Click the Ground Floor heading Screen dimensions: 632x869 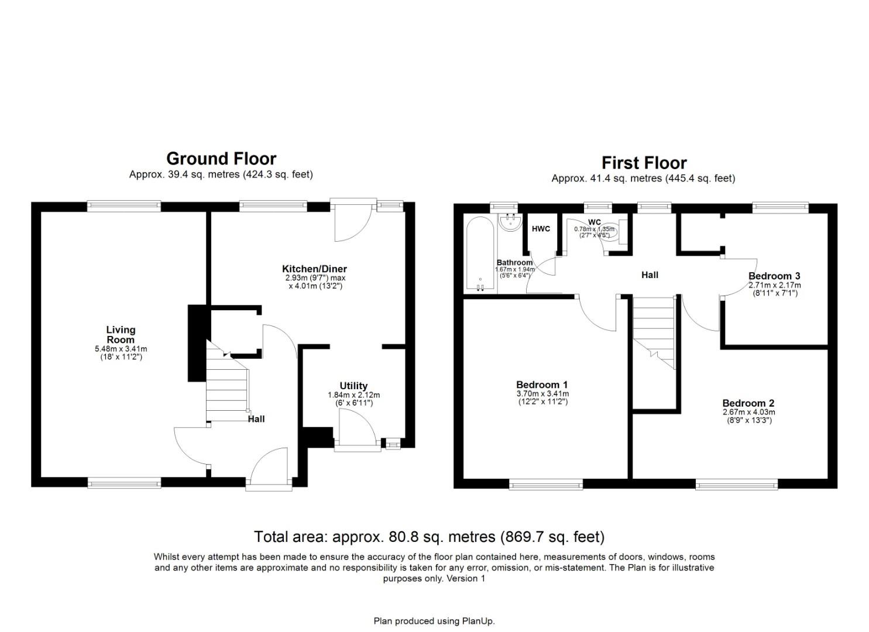[221, 159]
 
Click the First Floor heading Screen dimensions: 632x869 [644, 163]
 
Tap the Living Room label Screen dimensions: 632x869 [121, 335]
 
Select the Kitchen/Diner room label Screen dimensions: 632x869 [314, 269]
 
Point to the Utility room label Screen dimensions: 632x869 [353, 386]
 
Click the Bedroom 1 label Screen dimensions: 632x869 [542, 384]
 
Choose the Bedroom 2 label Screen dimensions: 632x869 [748, 403]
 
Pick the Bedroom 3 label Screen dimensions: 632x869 [774, 276]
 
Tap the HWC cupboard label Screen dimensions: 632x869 [541, 229]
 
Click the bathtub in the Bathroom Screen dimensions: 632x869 [480, 255]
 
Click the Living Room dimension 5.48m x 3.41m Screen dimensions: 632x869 [121, 349]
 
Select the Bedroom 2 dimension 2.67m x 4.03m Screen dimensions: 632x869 [748, 413]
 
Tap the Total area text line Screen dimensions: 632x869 [429, 537]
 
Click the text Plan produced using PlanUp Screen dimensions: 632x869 [434, 621]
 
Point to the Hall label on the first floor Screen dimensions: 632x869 [650, 274]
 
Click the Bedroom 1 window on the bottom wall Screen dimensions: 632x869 [545, 483]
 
